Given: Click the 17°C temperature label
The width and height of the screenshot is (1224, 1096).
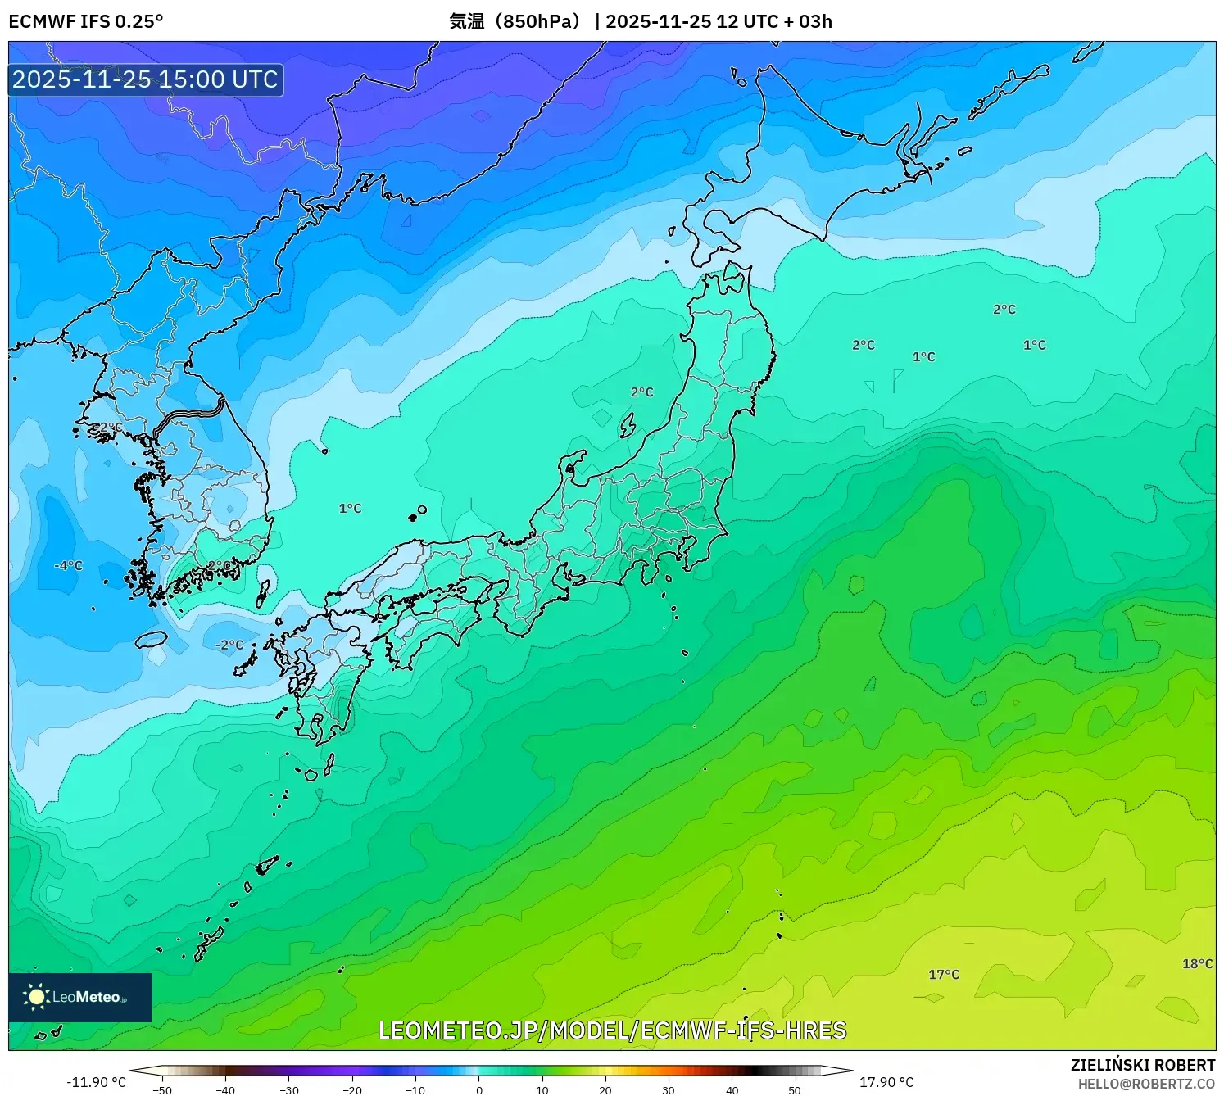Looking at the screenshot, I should click(943, 974).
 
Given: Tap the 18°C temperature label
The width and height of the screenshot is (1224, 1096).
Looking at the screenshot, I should click(1197, 963).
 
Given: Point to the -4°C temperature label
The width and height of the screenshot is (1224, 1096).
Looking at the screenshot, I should click(69, 565).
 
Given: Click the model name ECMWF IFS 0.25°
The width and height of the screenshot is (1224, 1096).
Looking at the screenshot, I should click(86, 21).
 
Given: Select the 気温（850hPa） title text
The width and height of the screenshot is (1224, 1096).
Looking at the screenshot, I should click(515, 21).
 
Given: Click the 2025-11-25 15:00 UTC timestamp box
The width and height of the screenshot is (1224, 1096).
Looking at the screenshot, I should click(146, 79).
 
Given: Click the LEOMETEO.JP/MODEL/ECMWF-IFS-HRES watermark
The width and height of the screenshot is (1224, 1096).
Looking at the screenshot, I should click(612, 1030).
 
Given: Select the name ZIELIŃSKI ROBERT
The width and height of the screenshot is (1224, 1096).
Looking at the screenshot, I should click(1142, 1065).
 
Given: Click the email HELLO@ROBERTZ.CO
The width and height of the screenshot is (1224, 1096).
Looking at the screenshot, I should click(1145, 1084).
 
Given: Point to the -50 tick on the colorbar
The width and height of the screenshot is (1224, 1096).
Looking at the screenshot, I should click(162, 1089).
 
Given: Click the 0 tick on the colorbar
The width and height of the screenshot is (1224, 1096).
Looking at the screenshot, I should click(479, 1089).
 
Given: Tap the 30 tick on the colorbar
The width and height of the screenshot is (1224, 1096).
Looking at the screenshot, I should click(669, 1089).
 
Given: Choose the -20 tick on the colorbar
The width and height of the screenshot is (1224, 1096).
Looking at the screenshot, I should click(352, 1089).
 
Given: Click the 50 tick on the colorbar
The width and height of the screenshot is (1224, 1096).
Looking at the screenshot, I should click(795, 1089).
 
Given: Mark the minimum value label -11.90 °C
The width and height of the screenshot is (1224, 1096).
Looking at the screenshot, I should click(97, 1082).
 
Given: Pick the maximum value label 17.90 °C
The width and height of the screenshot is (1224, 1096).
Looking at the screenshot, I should click(886, 1082).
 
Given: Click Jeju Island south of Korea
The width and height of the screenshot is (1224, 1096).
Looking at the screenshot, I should click(152, 639).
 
